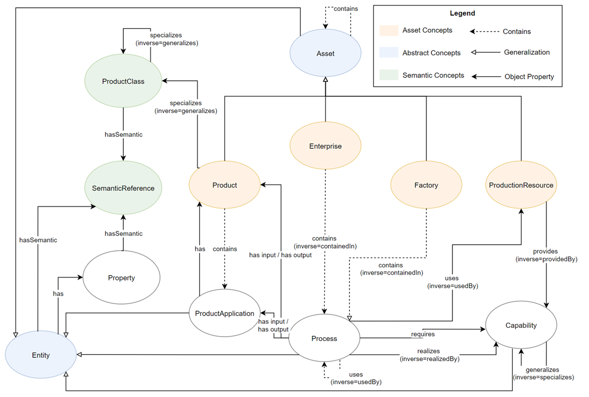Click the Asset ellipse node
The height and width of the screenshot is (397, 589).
pyautogui.click(x=325, y=54)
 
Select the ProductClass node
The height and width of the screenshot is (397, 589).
pyautogui.click(x=123, y=81)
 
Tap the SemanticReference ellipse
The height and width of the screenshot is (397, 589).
pyautogui.click(x=123, y=188)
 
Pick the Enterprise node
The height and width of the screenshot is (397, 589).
pyautogui.click(x=325, y=146)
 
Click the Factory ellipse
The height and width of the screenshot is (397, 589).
pyautogui.click(x=426, y=185)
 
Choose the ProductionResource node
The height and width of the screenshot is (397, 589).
pyautogui.click(x=520, y=185)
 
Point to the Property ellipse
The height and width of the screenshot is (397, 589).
pyautogui.click(x=121, y=278)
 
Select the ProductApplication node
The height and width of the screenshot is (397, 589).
pyautogui.click(x=224, y=313)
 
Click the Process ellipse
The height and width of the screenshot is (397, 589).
pyautogui.click(x=324, y=338)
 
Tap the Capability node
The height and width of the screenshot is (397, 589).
pyautogui.click(x=521, y=326)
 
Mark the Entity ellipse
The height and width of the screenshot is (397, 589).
pyautogui.click(x=40, y=355)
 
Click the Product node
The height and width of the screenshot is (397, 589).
pyautogui.click(x=224, y=185)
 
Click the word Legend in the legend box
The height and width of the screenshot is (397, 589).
pyautogui.click(x=462, y=13)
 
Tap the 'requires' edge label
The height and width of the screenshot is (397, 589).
pyautogui.click(x=423, y=334)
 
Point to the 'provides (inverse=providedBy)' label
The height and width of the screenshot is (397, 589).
pyautogui.click(x=546, y=255)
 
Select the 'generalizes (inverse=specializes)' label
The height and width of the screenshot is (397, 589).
pyautogui.click(x=543, y=373)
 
